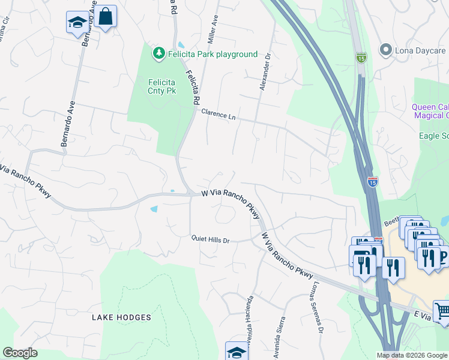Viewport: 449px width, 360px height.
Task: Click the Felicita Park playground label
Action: tap(212, 55)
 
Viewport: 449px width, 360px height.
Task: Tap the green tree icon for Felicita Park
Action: tap(159, 53)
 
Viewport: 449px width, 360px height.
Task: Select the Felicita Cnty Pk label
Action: tap(161, 86)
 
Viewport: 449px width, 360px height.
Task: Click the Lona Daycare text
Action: tap(421, 50)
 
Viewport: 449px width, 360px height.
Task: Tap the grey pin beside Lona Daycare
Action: tap(385, 50)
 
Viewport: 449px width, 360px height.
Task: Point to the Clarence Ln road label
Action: tap(218, 114)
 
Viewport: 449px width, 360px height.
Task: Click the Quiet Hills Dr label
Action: tap(211, 240)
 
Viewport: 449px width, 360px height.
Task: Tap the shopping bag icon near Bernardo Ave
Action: tap(105, 17)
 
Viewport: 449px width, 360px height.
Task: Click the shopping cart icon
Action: tap(442, 310)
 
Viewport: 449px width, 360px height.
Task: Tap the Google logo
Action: tap(20, 353)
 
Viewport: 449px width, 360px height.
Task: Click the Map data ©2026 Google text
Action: tap(411, 355)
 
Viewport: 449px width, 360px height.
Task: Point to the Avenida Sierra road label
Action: tap(279, 338)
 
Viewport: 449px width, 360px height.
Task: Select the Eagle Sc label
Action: tap(433, 136)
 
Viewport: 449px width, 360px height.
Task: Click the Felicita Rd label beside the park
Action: tap(192, 89)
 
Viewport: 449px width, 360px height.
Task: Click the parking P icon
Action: tap(444, 257)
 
